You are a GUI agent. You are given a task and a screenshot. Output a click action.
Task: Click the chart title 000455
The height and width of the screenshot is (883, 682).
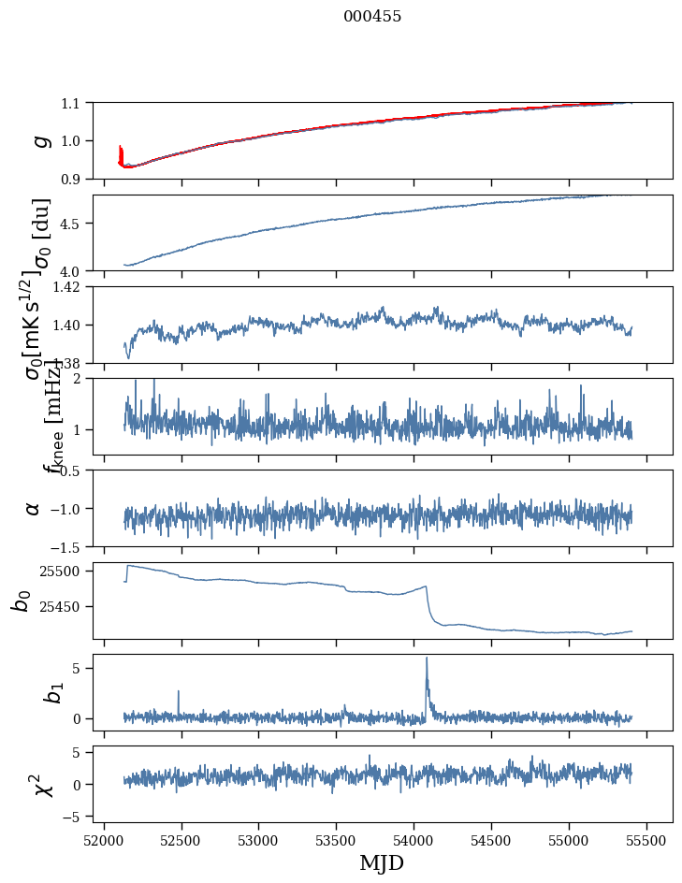[x=372, y=17]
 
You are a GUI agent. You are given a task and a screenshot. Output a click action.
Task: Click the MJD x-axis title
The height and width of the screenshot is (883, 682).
[x=382, y=863]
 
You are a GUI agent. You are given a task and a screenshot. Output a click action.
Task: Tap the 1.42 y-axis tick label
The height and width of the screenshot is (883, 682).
[x=68, y=286]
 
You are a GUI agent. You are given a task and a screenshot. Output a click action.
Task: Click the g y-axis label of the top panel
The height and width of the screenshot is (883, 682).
[x=39, y=140]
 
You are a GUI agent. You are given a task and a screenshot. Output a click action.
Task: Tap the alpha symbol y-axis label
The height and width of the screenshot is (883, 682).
[x=34, y=508]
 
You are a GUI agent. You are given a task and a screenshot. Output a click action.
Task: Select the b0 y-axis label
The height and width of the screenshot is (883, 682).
[x=21, y=601]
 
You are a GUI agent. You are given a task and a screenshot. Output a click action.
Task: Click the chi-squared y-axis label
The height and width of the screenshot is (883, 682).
[x=41, y=785]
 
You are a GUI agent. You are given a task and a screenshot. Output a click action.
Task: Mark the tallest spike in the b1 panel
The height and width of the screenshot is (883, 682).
[x=427, y=659]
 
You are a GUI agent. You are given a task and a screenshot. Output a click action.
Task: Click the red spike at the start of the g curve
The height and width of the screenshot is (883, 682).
[x=121, y=152]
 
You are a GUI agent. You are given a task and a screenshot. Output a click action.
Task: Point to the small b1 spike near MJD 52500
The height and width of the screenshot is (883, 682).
[x=178, y=693]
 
